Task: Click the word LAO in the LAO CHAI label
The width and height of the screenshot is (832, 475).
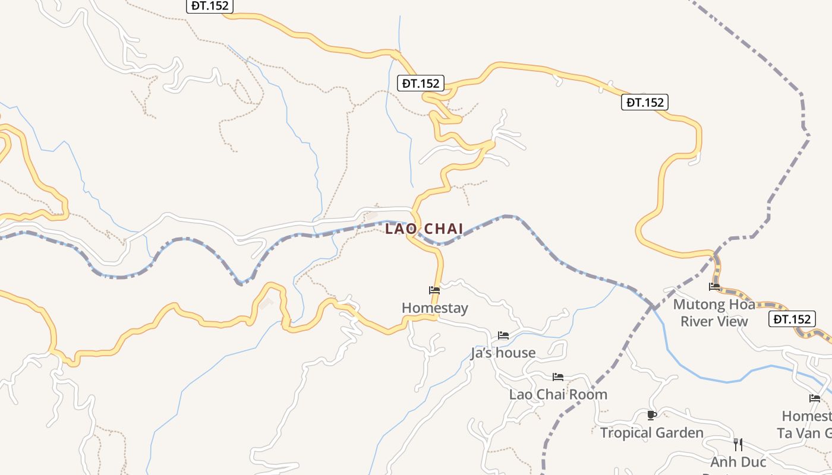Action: pos(401,229)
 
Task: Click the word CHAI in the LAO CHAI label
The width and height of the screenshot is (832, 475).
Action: pos(443,229)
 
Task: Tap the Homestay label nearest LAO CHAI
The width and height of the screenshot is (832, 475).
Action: pos(434,308)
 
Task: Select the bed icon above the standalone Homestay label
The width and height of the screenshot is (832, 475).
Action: pos(434,290)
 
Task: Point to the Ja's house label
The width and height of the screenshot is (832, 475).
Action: pos(503,353)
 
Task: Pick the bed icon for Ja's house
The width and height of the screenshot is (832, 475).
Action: pos(503,335)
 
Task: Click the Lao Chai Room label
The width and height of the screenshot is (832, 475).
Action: pos(558,394)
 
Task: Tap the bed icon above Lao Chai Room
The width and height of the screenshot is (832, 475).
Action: pos(557,377)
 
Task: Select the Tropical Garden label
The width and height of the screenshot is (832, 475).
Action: pos(651,433)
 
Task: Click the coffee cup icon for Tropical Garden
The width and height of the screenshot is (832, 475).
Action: pos(651,415)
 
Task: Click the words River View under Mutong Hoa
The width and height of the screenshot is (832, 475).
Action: pos(714,322)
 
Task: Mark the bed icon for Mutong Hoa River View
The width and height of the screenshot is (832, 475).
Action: pos(714,287)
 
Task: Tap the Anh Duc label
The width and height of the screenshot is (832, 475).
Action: pos(738,462)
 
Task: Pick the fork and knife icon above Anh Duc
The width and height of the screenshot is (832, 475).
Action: pos(738,444)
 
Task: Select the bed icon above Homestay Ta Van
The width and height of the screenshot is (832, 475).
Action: pos(815,398)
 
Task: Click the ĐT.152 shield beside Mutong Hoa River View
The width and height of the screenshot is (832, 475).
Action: pos(792,319)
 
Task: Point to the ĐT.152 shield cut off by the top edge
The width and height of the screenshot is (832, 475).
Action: pos(210,6)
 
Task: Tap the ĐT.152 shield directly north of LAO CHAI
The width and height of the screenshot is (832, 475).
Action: pos(421,83)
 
